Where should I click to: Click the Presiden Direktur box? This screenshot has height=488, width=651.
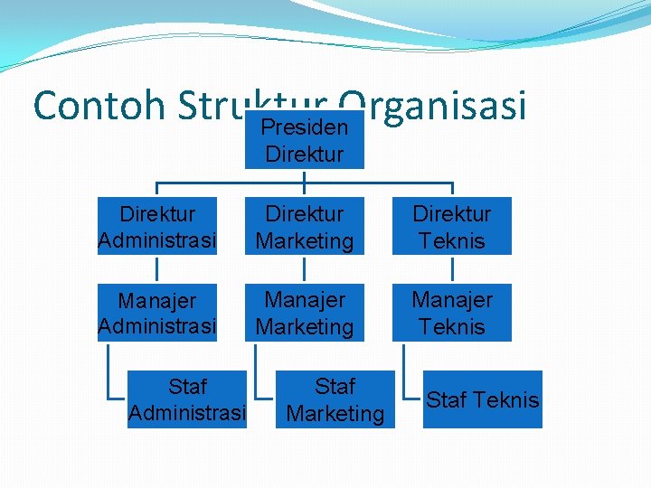tap(305, 140)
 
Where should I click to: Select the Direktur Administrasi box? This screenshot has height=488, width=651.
tap(157, 226)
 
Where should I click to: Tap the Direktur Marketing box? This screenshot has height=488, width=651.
tap(305, 226)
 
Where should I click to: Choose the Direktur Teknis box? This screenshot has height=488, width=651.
tap(451, 226)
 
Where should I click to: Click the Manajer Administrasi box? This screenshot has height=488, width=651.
tap(157, 312)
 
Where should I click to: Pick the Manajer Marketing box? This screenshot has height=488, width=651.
tap(305, 312)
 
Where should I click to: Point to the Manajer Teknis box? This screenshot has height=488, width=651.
tap(451, 312)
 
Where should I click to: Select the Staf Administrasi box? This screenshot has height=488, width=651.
tap(187, 399)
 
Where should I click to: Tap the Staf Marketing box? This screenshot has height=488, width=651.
tap(335, 399)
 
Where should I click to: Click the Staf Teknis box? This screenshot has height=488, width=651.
tap(482, 399)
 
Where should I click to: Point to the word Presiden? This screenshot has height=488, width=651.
tap(305, 127)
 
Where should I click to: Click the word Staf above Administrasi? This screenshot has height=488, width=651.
tap(187, 387)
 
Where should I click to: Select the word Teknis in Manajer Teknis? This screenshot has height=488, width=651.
tap(451, 326)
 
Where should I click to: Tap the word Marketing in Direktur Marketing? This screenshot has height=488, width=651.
tap(305, 241)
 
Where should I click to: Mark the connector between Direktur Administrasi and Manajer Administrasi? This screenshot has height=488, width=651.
tap(157, 269)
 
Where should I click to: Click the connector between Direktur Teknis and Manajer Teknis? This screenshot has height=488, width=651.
tap(451, 269)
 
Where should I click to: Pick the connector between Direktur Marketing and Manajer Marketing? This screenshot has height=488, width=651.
tap(305, 269)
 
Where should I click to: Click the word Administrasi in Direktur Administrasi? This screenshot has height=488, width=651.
tap(157, 241)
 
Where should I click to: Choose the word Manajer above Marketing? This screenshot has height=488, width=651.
tap(305, 298)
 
